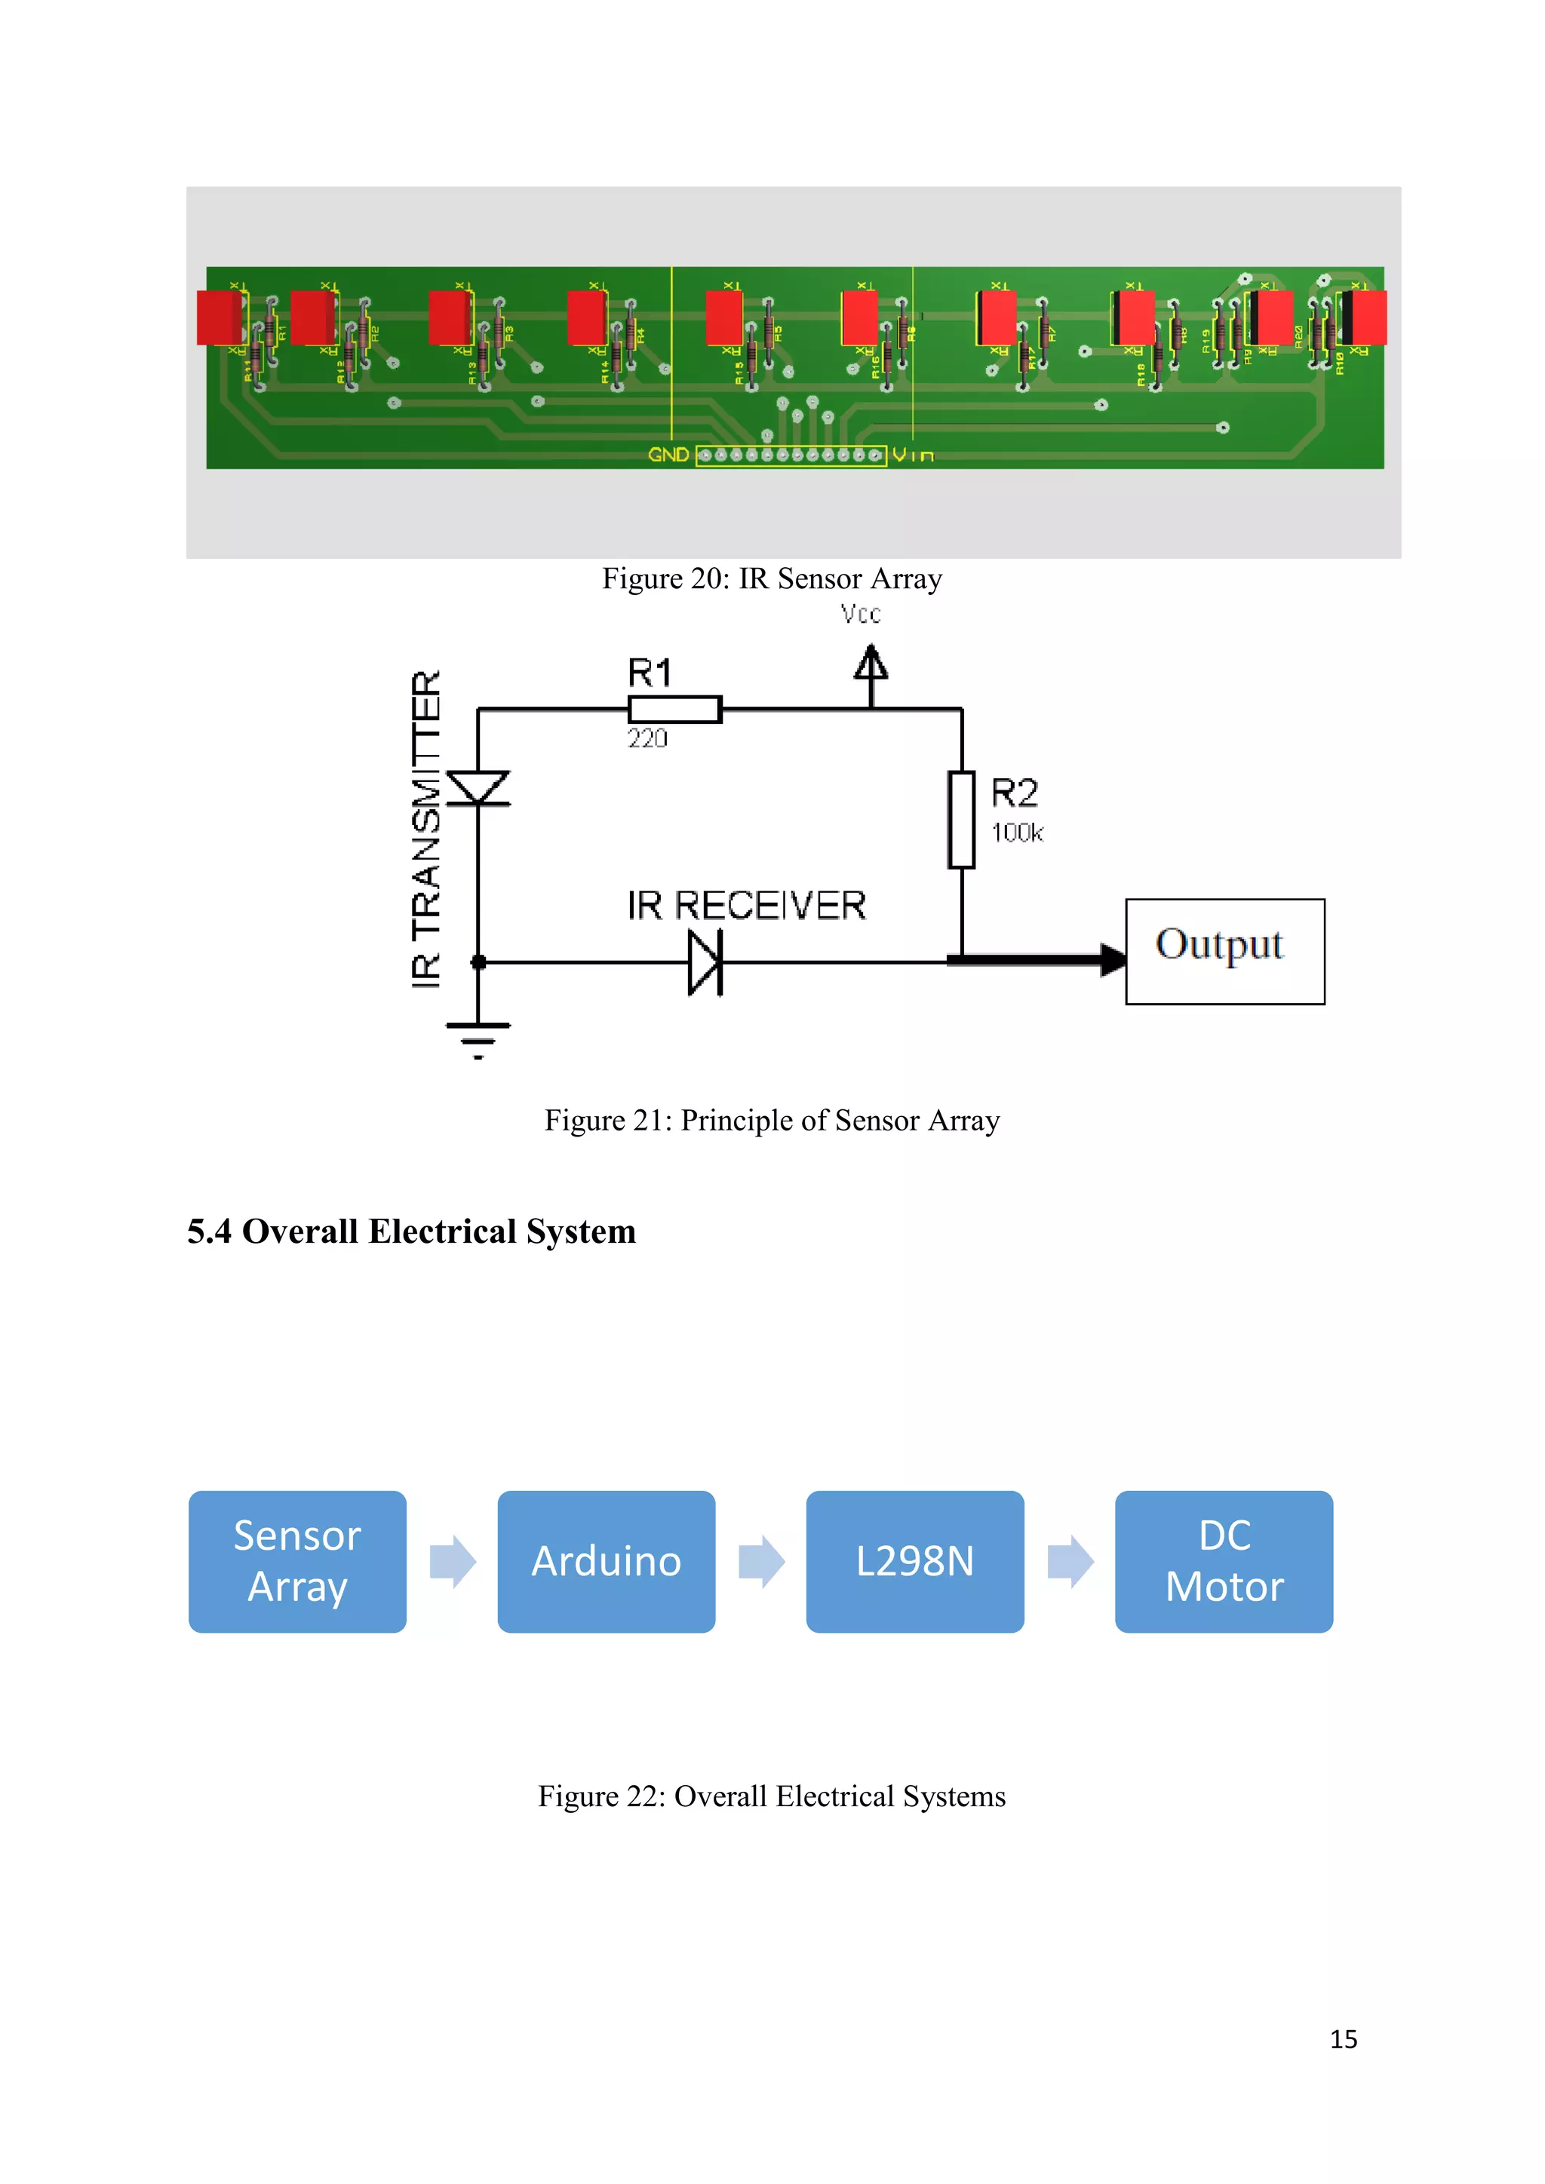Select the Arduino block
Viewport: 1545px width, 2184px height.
pyautogui.click(x=606, y=1561)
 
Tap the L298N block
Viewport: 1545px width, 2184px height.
pyautogui.click(x=914, y=1561)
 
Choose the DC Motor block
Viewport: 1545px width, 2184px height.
pyautogui.click(x=1224, y=1561)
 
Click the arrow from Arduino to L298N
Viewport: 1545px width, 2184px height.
pyautogui.click(x=761, y=1561)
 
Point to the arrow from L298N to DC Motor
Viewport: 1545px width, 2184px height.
pyautogui.click(x=1070, y=1561)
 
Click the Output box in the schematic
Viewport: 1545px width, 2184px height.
pyautogui.click(x=1224, y=951)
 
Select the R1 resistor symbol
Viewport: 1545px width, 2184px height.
pyautogui.click(x=674, y=710)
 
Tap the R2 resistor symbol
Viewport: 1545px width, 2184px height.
pyautogui.click(x=962, y=820)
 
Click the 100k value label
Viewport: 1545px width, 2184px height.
pyautogui.click(x=1017, y=833)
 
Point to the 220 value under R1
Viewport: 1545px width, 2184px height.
pyautogui.click(x=647, y=739)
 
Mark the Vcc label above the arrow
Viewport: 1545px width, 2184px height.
pyautogui.click(x=861, y=615)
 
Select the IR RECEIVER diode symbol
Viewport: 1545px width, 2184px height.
pyautogui.click(x=705, y=962)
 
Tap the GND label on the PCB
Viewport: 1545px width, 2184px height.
pyautogui.click(x=668, y=455)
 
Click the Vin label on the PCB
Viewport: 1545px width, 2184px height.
pyautogui.click(x=912, y=456)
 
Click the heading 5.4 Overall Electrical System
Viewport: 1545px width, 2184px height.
pyautogui.click(x=411, y=1231)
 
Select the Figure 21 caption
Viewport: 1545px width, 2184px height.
pyautogui.click(x=772, y=1121)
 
